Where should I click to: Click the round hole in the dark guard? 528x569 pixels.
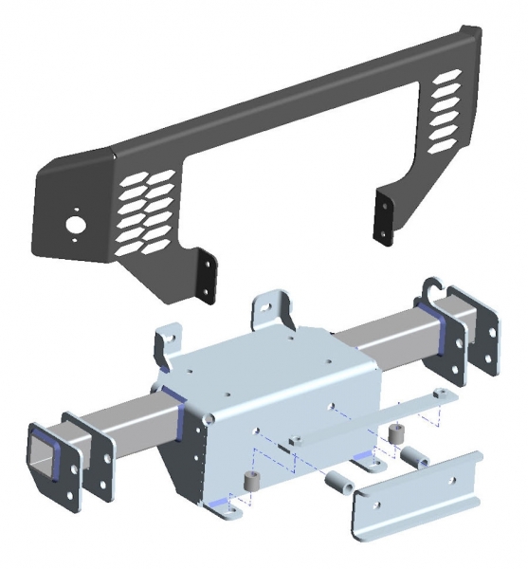[72, 226]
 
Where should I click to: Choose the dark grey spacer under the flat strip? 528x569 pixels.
[394, 431]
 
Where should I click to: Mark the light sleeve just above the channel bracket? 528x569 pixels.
[415, 456]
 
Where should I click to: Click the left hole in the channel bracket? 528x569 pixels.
[376, 513]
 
